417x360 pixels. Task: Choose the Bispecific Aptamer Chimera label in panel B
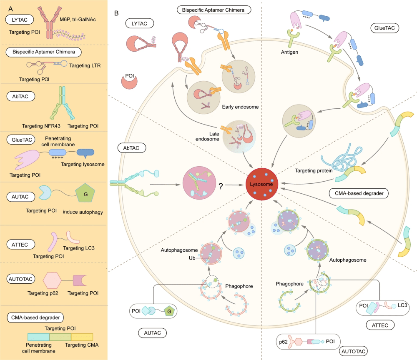(214, 9)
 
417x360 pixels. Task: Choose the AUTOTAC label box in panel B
(353, 350)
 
